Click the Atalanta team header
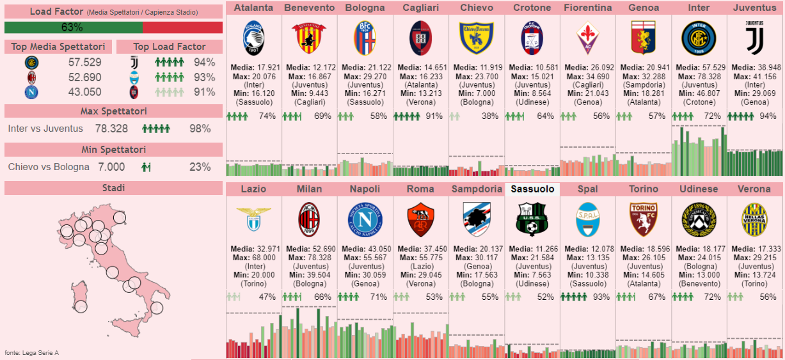tap(253, 8)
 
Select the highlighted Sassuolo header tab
tap(532, 189)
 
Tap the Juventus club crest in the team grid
tap(754, 38)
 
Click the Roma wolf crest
tap(420, 219)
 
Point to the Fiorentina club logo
tap(587, 38)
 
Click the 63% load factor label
tap(72, 27)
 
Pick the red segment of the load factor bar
tap(182, 27)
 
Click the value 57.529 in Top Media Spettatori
tap(85, 62)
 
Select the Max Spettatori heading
tap(113, 111)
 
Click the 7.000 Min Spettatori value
tap(111, 167)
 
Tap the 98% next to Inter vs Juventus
tap(200, 129)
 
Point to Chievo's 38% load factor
tap(490, 116)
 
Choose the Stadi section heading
tap(113, 187)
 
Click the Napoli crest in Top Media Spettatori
tap(31, 91)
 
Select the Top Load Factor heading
tap(170, 47)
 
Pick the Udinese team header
tap(699, 189)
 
